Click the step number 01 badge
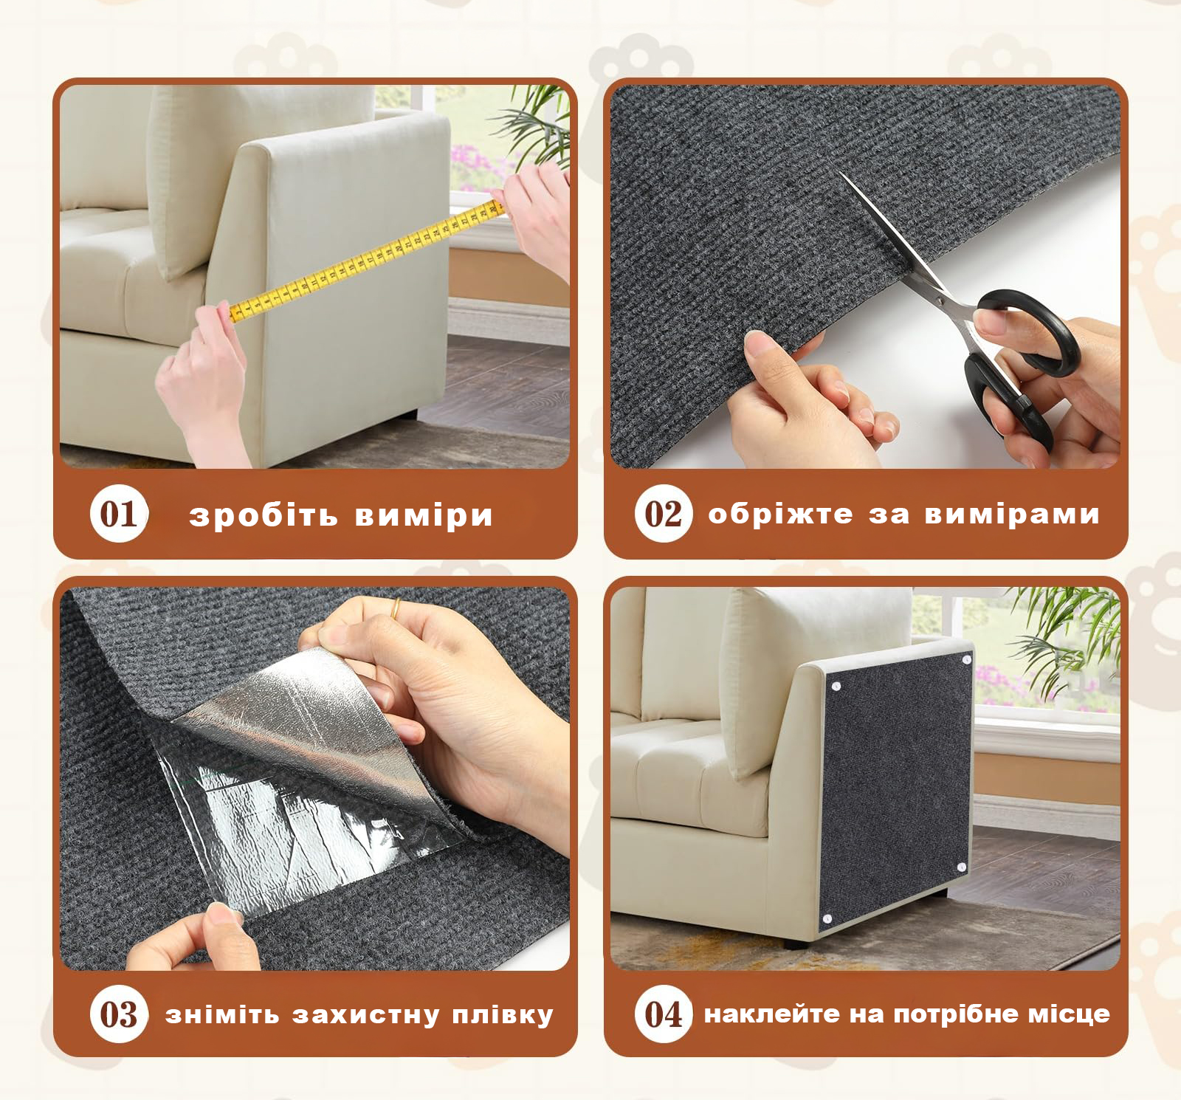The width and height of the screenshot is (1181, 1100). [119, 514]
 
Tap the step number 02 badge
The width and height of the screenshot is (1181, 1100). [664, 514]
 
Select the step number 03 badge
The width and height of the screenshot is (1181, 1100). [119, 1014]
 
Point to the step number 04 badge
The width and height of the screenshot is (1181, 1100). [664, 1014]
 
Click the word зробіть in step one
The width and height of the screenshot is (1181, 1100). [264, 515]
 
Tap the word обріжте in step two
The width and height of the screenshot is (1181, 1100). [780, 513]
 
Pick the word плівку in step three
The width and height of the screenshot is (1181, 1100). [502, 1015]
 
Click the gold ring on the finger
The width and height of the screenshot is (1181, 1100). [396, 609]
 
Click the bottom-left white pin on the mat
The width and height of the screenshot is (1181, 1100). [827, 919]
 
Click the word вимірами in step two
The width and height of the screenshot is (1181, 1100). [1012, 514]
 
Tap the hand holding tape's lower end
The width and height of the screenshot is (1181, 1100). [199, 384]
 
